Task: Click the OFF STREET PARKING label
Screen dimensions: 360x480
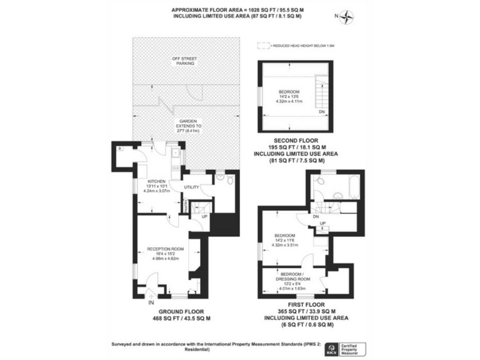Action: coord(184,61)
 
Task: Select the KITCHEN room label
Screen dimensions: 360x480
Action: coord(156,182)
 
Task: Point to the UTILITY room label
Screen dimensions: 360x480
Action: coord(192,187)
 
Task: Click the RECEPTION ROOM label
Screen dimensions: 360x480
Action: coord(164,248)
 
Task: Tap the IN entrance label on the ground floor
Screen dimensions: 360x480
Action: coord(151,302)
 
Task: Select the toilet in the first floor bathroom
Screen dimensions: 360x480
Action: coord(320,180)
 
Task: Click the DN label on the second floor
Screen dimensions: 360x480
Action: coord(321,112)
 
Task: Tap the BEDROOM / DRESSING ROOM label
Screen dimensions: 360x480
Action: coord(292,277)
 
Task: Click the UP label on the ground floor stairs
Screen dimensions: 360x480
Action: coord(204,217)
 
